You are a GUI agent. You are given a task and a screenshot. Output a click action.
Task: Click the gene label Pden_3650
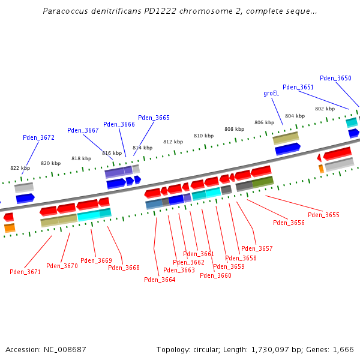(x=335, y=78)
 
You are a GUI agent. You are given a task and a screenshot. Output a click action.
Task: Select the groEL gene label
(x=271, y=94)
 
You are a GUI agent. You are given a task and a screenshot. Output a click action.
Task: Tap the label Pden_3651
(x=298, y=87)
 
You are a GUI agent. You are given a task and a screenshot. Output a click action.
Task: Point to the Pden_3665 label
(x=154, y=118)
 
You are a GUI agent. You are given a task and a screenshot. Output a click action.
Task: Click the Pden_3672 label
(x=38, y=137)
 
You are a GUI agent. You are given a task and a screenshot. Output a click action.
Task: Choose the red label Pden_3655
(x=323, y=215)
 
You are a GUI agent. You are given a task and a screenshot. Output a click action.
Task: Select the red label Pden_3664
(x=160, y=280)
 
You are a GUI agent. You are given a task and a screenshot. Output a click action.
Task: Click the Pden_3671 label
(x=25, y=272)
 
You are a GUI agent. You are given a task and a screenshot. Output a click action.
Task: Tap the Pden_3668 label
(x=124, y=268)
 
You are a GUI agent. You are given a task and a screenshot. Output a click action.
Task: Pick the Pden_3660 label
(x=215, y=275)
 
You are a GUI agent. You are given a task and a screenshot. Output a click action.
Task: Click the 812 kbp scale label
(x=173, y=142)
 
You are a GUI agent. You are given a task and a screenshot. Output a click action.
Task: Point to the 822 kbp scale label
(x=20, y=169)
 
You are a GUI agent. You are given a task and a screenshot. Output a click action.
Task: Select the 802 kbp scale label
(x=325, y=109)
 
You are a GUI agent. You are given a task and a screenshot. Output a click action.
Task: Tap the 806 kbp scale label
(x=264, y=122)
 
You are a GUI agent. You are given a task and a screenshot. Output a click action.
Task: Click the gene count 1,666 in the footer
(x=343, y=349)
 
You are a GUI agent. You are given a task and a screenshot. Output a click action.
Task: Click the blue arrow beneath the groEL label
(x=287, y=148)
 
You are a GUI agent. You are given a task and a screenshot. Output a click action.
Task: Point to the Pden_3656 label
(x=289, y=223)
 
